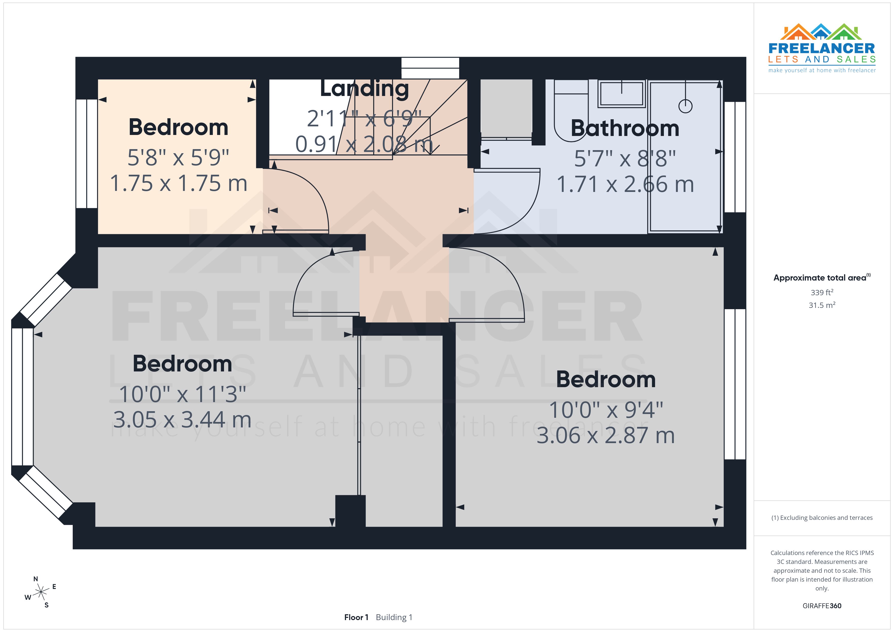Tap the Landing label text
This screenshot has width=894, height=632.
(x=364, y=89)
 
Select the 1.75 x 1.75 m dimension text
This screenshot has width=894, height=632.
(x=178, y=184)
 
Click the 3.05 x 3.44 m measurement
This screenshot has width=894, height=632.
(x=182, y=420)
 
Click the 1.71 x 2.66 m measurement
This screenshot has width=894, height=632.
(x=625, y=185)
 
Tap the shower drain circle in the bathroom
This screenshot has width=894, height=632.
(x=685, y=106)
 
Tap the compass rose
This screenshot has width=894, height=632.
(x=41, y=592)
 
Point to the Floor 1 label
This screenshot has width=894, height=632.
(x=356, y=617)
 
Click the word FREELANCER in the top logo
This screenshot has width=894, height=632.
(x=822, y=49)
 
